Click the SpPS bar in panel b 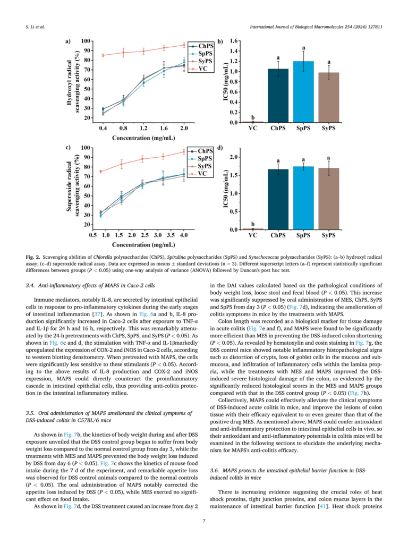click(x=303, y=92)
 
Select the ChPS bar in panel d click(x=278, y=200)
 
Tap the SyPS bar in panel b click(x=328, y=98)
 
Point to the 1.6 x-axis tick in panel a click(x=164, y=128)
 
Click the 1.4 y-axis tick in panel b click(x=234, y=51)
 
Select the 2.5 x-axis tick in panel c click(x=144, y=235)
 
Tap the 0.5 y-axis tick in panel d click(x=234, y=211)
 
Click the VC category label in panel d click(x=253, y=235)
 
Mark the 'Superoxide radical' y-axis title click(x=69, y=186)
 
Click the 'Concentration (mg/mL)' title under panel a click(x=143, y=138)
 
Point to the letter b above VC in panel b click(x=253, y=117)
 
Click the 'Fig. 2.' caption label click(x=32, y=257)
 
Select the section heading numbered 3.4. click(x=90, y=285)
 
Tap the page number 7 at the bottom click(x=204, y=521)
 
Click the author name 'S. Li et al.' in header click(x=35, y=27)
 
